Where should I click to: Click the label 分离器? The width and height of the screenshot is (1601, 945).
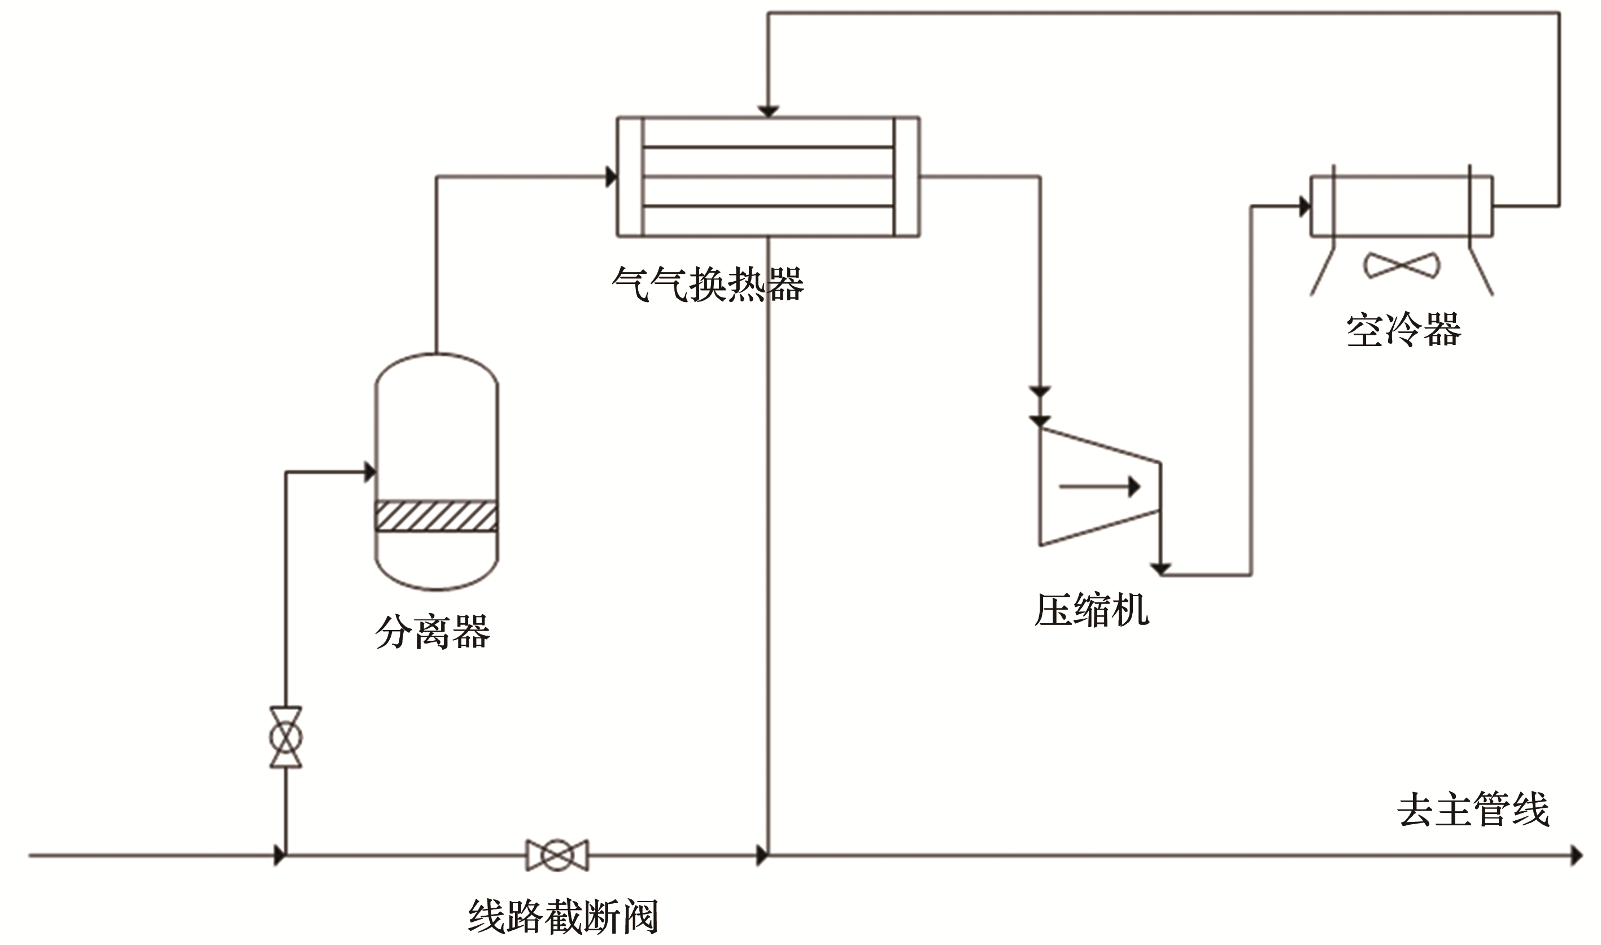click(433, 632)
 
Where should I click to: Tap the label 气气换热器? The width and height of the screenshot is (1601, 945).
click(708, 284)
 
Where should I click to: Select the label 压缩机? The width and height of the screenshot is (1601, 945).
click(1092, 610)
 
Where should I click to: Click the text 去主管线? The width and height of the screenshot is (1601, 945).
click(1473, 810)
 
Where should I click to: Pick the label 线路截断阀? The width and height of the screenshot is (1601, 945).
click(563, 917)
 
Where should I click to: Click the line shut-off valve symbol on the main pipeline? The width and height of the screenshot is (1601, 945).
click(557, 855)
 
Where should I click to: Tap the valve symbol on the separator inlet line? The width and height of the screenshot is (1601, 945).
click(285, 737)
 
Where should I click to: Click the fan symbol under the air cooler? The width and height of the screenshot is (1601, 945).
click(1401, 265)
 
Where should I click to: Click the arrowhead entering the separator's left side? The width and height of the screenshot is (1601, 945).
click(369, 472)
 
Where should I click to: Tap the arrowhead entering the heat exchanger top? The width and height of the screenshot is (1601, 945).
click(768, 111)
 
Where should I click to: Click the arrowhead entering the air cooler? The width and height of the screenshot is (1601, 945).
click(1304, 206)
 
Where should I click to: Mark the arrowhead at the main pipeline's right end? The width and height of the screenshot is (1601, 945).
click(1576, 855)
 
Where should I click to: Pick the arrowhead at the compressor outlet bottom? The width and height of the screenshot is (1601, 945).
click(1161, 568)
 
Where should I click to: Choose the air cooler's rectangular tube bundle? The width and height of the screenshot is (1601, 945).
click(1401, 206)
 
